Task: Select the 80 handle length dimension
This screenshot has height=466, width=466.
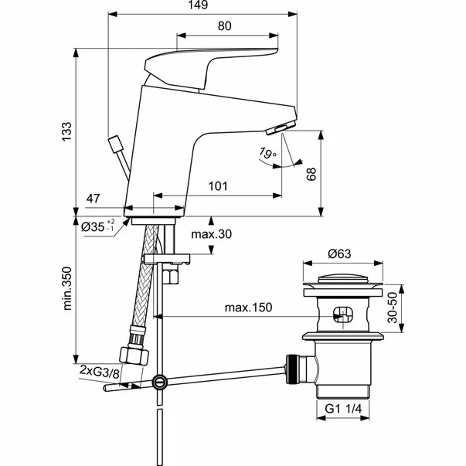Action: click(x=224, y=26)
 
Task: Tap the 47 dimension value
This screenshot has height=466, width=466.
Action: click(x=94, y=199)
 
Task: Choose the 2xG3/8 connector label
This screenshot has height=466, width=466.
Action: click(x=100, y=374)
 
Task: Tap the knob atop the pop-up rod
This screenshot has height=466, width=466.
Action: click(x=117, y=143)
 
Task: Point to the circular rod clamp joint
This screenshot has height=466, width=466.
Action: click(x=159, y=381)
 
